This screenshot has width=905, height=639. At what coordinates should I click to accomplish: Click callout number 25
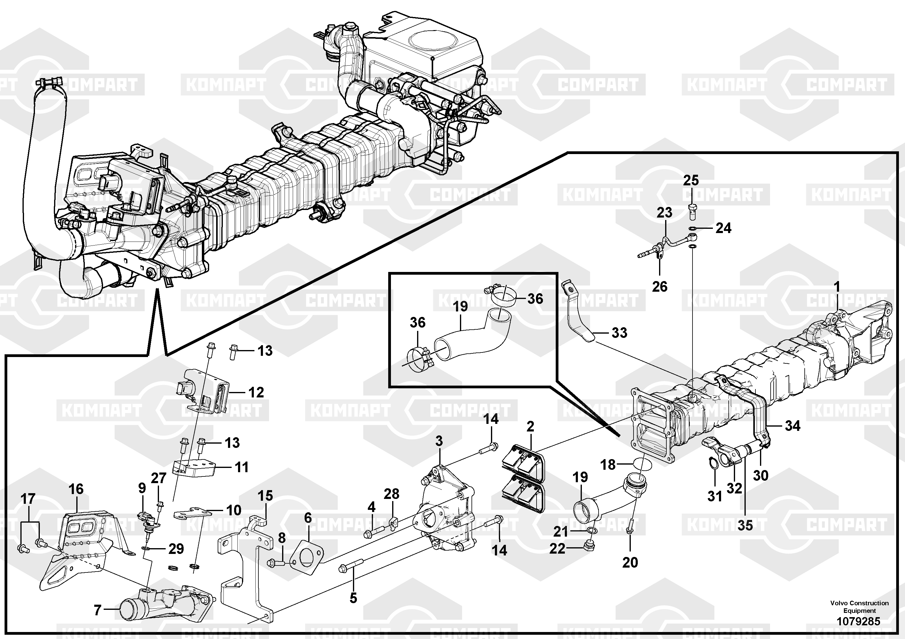(x=691, y=180)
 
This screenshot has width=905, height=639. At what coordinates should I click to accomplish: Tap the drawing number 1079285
(x=858, y=622)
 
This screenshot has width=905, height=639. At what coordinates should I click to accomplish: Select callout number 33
(x=619, y=333)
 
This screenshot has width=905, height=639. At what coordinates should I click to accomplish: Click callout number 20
(x=630, y=562)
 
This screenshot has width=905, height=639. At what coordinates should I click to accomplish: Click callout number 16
(x=76, y=489)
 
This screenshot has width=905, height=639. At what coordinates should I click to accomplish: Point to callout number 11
(x=242, y=467)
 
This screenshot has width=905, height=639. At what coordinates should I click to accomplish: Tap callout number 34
(x=793, y=426)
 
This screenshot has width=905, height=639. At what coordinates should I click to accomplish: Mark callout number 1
(x=837, y=287)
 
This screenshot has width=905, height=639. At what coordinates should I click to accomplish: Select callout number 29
(x=176, y=549)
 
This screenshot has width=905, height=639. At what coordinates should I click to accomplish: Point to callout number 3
(x=439, y=441)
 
